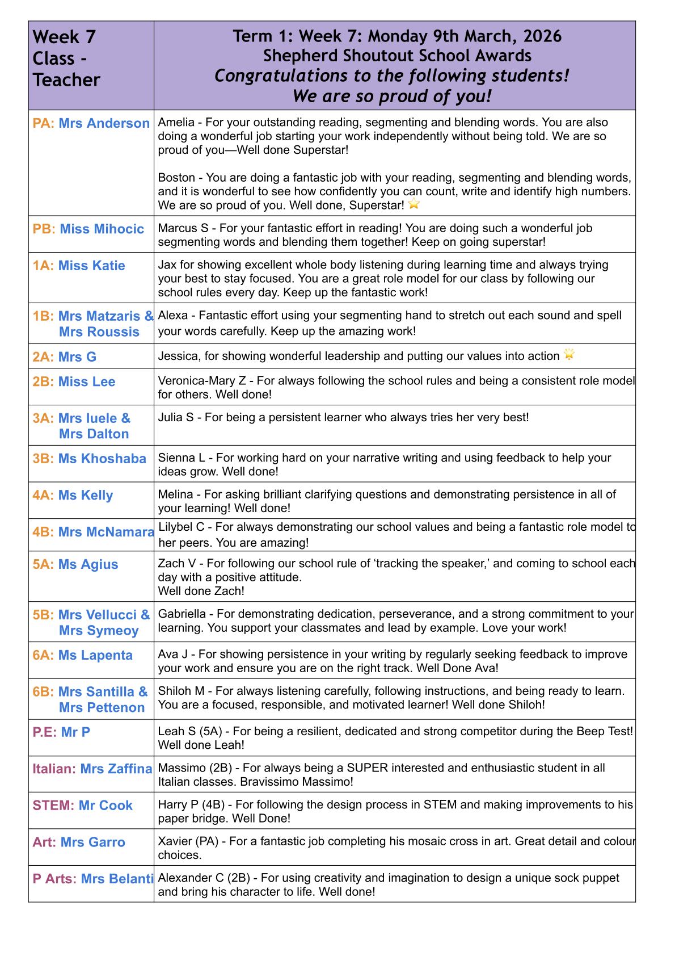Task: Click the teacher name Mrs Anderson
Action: coord(104,123)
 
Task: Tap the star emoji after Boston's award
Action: coord(414,204)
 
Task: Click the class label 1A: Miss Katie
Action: coord(79,266)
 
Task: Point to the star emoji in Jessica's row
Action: coord(569,355)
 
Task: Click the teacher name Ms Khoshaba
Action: coord(102,459)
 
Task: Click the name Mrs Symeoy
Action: coord(99,631)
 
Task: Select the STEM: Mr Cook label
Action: coord(83,806)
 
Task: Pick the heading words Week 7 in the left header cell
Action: coord(65,37)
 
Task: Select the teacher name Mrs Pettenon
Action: coord(102,708)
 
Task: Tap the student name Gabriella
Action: coord(182,614)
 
